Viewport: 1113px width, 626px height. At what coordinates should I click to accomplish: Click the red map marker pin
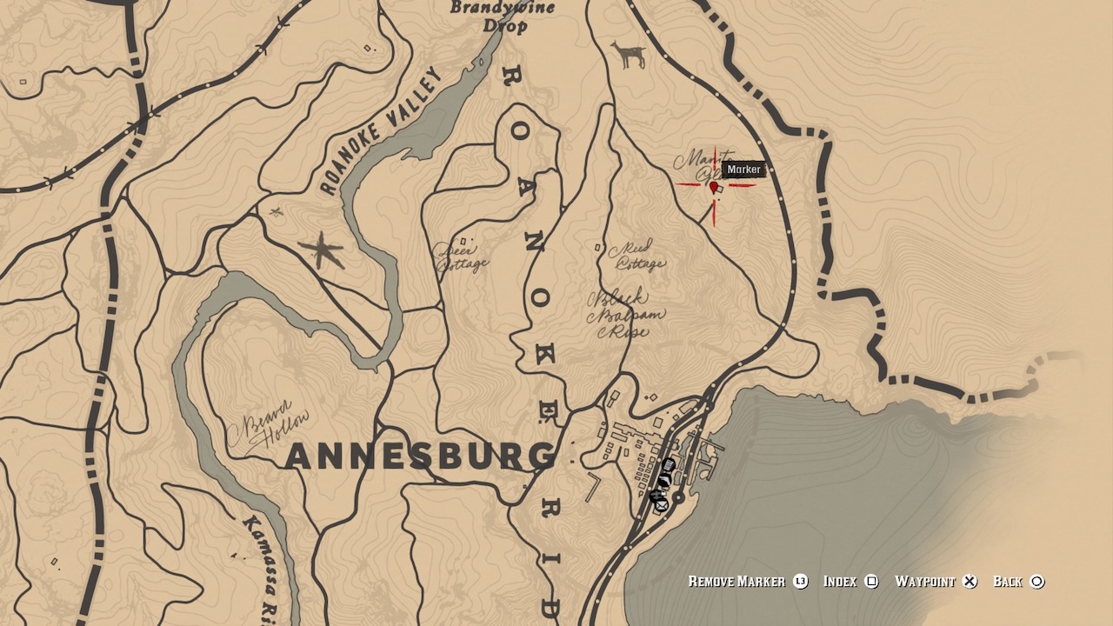714,187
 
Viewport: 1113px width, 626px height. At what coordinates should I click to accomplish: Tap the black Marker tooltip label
743,170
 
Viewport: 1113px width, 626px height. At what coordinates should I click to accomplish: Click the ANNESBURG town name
419,456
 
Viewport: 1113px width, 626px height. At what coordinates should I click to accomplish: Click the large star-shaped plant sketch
322,250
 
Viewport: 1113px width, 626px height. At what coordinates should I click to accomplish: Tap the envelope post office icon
660,503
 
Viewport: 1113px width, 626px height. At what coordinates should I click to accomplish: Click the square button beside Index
871,582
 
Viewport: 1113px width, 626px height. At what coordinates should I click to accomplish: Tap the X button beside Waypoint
970,582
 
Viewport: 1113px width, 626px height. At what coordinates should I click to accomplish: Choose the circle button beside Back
1037,582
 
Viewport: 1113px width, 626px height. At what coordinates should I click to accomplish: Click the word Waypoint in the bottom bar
925,582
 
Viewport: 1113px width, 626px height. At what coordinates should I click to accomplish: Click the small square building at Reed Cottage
598,248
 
